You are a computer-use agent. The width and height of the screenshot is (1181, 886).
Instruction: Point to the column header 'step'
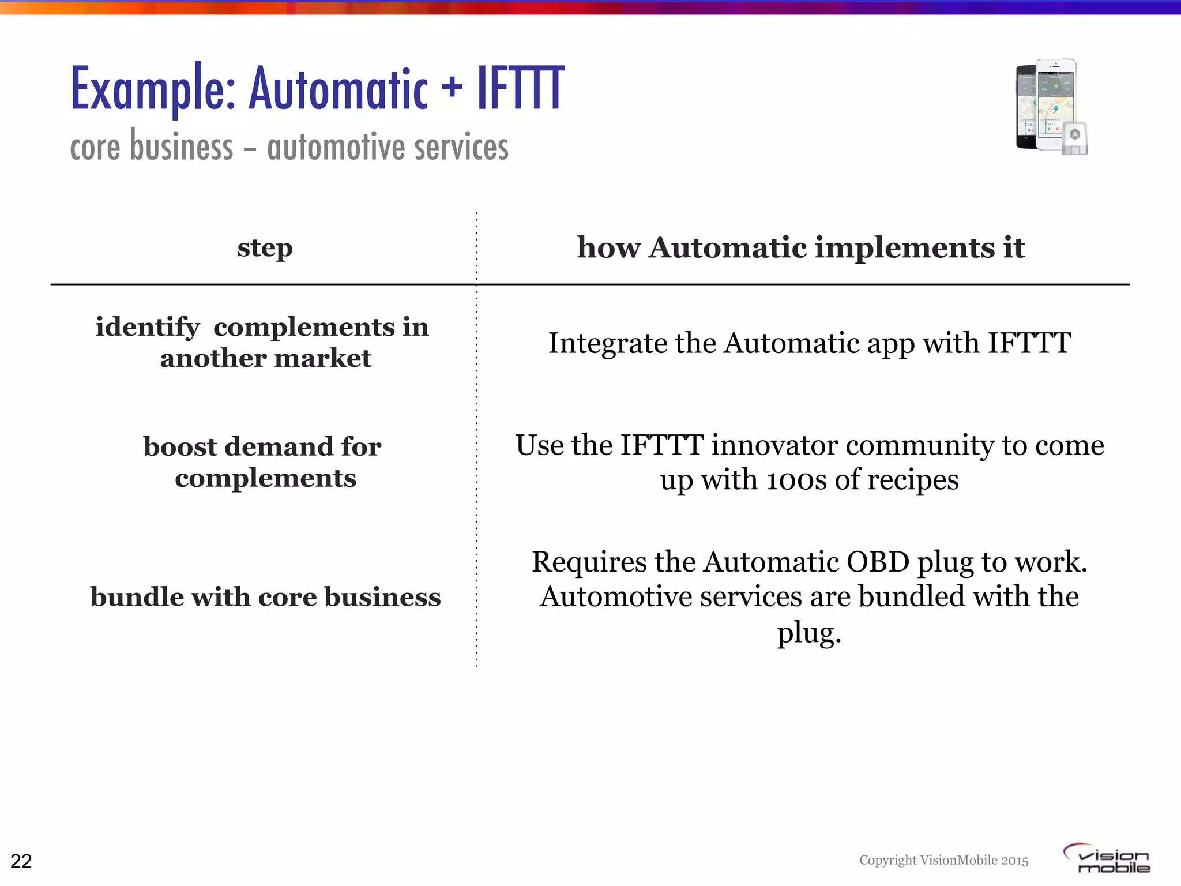point(265,248)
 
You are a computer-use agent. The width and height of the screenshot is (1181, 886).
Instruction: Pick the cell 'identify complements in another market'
point(263,342)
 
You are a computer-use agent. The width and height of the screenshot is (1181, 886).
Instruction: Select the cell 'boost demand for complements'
point(263,461)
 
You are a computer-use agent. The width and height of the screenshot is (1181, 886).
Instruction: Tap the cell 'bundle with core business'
point(265,596)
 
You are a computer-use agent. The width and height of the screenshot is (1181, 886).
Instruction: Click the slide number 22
point(21,861)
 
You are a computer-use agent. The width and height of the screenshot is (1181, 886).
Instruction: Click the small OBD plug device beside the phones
point(1075,138)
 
